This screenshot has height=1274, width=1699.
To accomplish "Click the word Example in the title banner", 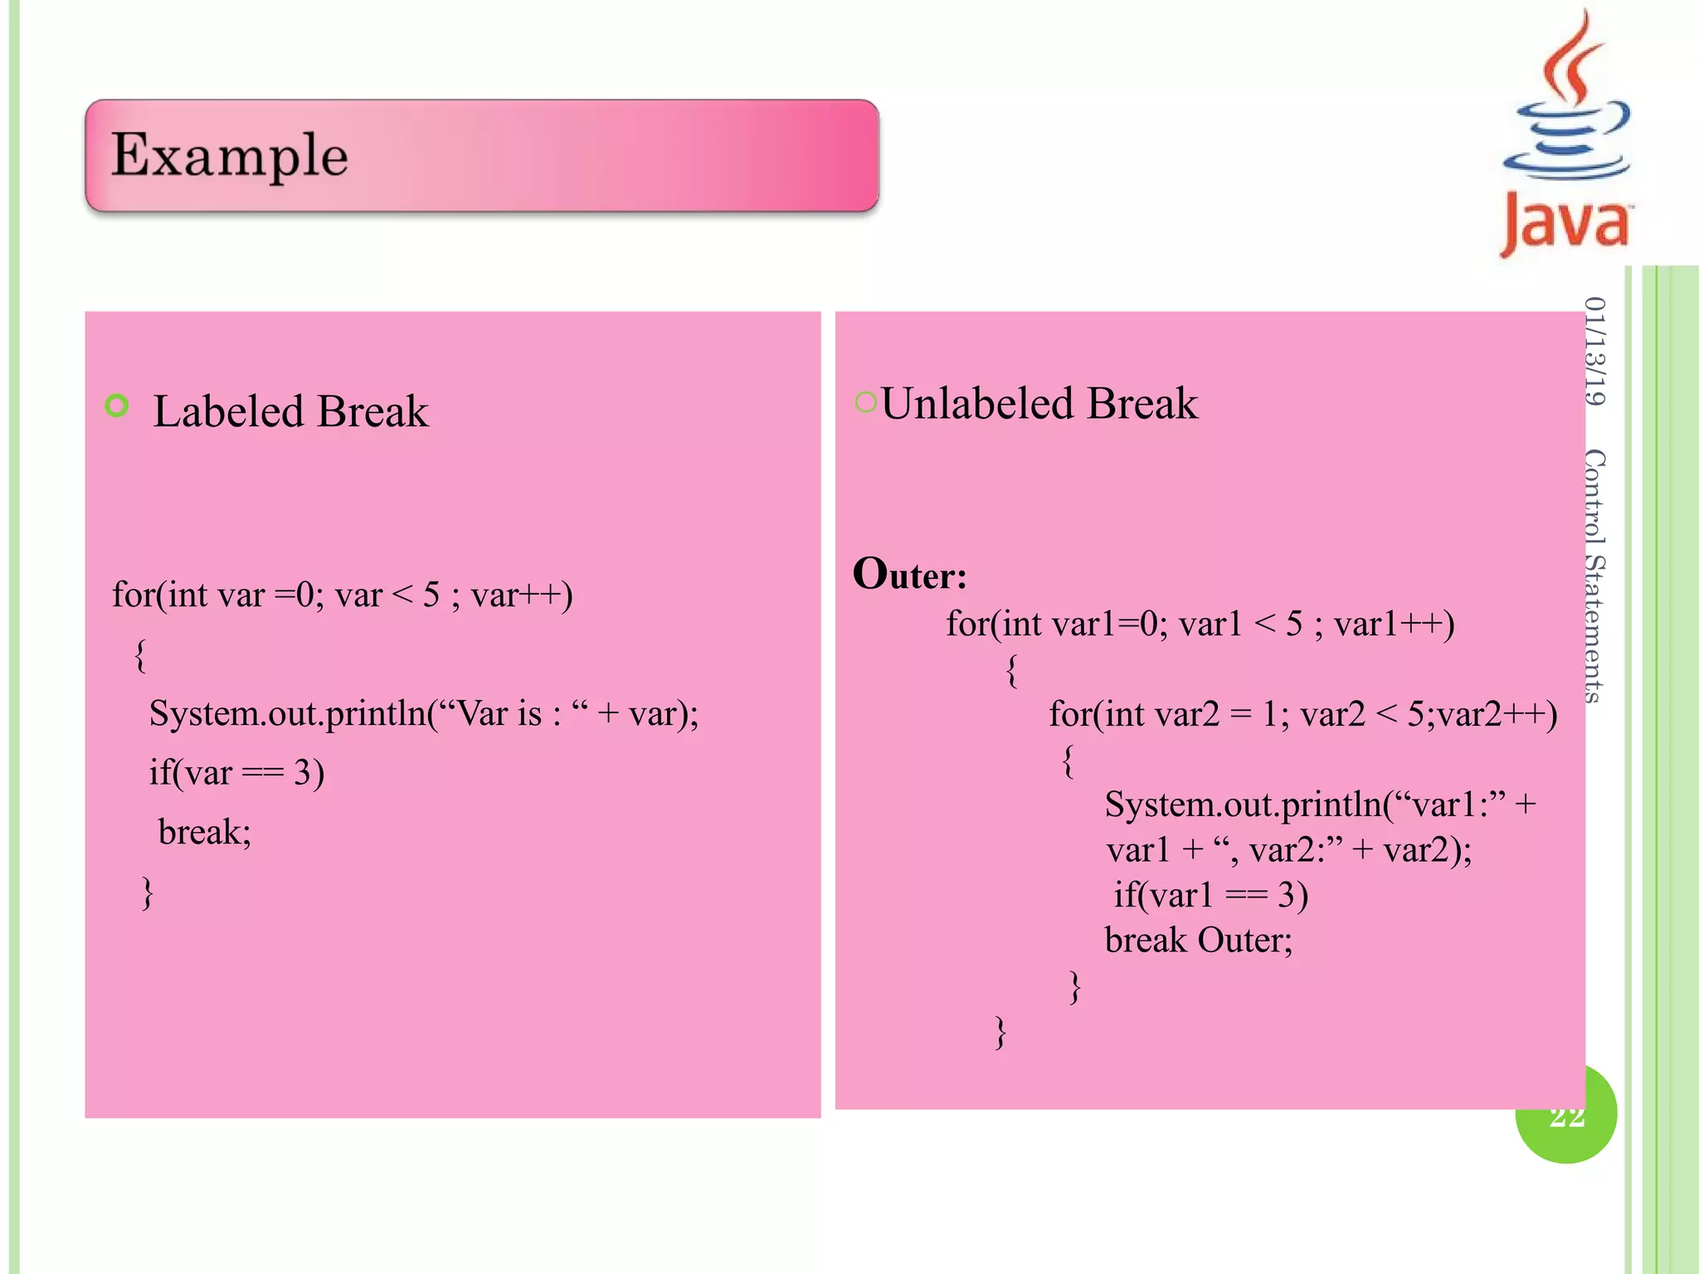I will pyautogui.click(x=230, y=155).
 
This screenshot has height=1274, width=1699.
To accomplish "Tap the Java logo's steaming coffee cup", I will pyautogui.click(x=1567, y=108).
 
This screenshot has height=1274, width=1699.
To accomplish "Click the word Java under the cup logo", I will pyautogui.click(x=1566, y=221).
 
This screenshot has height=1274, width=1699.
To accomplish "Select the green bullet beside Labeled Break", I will pyautogui.click(x=117, y=406).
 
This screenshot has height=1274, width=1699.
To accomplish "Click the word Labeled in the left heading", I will pyautogui.click(x=229, y=411).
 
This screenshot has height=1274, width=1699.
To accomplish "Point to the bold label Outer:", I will pyautogui.click(x=910, y=574).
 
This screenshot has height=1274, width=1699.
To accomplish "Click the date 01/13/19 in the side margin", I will pyautogui.click(x=1594, y=351).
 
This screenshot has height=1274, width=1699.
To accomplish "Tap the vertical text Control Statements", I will pyautogui.click(x=1594, y=576).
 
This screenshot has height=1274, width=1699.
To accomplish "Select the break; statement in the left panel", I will pyautogui.click(x=204, y=832).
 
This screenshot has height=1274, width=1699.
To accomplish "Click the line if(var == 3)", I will pyautogui.click(x=236, y=773).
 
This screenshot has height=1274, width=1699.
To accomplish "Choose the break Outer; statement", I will pyautogui.click(x=1198, y=941).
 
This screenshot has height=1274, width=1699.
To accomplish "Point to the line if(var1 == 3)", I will pyautogui.click(x=1210, y=895).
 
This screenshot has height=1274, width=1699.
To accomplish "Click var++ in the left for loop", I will pyautogui.click(x=521, y=595).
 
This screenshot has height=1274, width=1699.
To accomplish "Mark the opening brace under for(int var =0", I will pyautogui.click(x=140, y=654).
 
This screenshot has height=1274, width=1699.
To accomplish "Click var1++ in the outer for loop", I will pyautogui.click(x=1394, y=624).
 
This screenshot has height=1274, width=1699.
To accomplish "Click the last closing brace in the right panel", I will pyautogui.click(x=1000, y=1033).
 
